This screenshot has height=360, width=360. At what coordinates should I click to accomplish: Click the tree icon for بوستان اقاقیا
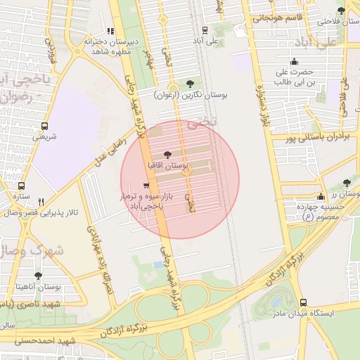click(x=167, y=155)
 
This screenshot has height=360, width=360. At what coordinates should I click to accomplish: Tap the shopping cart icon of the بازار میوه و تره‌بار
click(x=146, y=186)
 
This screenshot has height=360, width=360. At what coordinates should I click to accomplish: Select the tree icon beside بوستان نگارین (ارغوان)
click(x=191, y=84)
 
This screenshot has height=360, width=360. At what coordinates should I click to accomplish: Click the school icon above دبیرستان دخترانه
click(x=110, y=31)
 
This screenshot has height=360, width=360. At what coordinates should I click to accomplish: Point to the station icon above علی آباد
click(x=204, y=30)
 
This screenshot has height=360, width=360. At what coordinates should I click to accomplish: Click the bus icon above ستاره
click(x=22, y=186)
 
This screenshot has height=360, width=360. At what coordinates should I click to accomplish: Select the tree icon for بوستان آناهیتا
click(x=37, y=276)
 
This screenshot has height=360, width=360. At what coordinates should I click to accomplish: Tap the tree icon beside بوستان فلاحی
click(x=341, y=11)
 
